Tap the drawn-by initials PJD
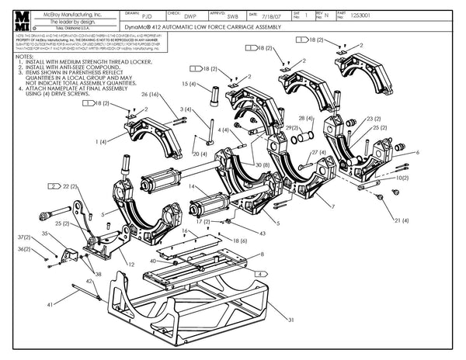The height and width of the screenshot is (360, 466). pyautogui.click(x=149, y=14)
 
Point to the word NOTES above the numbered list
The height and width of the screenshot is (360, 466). pyautogui.click(x=24, y=57)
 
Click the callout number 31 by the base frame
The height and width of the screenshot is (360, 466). pyautogui.click(x=291, y=320)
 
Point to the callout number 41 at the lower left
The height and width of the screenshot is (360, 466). pyautogui.click(x=50, y=306)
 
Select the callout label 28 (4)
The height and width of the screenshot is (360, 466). pyautogui.click(x=305, y=119)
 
